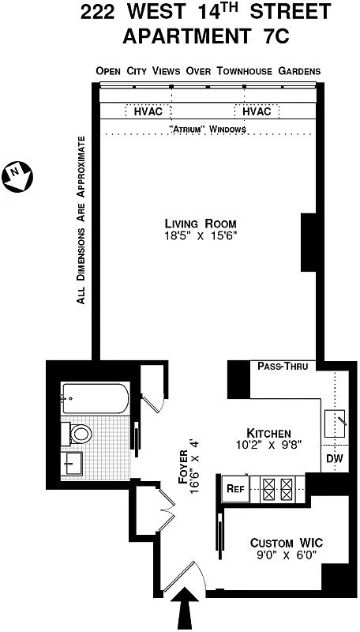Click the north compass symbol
(18, 175)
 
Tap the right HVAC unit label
(257, 111)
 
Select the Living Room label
(200, 222)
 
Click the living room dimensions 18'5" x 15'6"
(200, 235)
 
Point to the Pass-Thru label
(287, 366)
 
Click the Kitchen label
(269, 433)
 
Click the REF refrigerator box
(235, 487)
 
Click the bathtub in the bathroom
(94, 401)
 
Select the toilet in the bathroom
(80, 433)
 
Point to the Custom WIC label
(287, 543)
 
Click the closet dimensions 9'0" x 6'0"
(287, 556)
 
